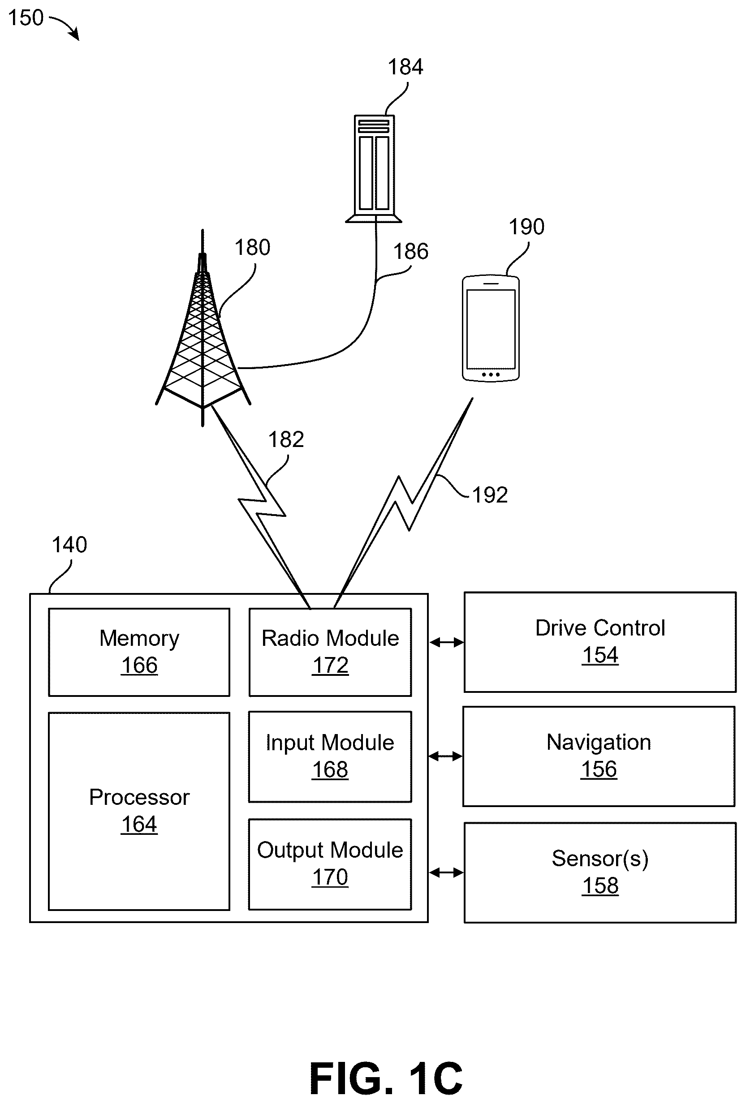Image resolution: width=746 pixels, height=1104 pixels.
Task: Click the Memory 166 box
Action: pyautogui.click(x=139, y=652)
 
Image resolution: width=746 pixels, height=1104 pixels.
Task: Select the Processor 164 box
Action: pyautogui.click(x=139, y=812)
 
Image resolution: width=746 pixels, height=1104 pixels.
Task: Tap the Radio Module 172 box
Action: pyautogui.click(x=330, y=652)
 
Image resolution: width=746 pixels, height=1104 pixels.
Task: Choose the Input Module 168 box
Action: pyautogui.click(x=330, y=757)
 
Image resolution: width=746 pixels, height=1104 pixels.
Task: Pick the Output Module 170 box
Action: pyautogui.click(x=330, y=864)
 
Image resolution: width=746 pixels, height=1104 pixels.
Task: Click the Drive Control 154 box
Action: pyautogui.click(x=600, y=642)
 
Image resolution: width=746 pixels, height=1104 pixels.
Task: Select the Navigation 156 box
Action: pyautogui.click(x=599, y=756)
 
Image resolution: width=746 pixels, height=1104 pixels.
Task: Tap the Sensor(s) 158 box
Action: pyautogui.click(x=600, y=872)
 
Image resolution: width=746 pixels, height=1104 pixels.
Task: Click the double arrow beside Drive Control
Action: pyautogui.click(x=446, y=642)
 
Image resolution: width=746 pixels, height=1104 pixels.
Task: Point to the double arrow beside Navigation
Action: pyautogui.click(x=445, y=756)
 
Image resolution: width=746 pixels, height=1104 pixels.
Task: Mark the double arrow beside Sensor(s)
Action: pyautogui.click(x=446, y=872)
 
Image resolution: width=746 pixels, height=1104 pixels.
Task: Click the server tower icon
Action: pyautogui.click(x=374, y=169)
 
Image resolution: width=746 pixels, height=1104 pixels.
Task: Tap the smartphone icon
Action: pyautogui.click(x=491, y=328)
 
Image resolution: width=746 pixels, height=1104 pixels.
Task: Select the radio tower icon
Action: pyautogui.click(x=203, y=328)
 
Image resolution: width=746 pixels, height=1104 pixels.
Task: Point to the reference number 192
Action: pyautogui.click(x=490, y=495)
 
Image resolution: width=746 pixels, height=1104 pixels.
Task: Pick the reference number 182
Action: pyautogui.click(x=286, y=439)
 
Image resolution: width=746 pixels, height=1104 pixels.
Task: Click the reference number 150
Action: pyautogui.click(x=26, y=17)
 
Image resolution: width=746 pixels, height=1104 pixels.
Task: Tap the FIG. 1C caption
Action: pyautogui.click(x=386, y=1078)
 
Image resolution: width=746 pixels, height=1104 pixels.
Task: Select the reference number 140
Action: pyautogui.click(x=69, y=545)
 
